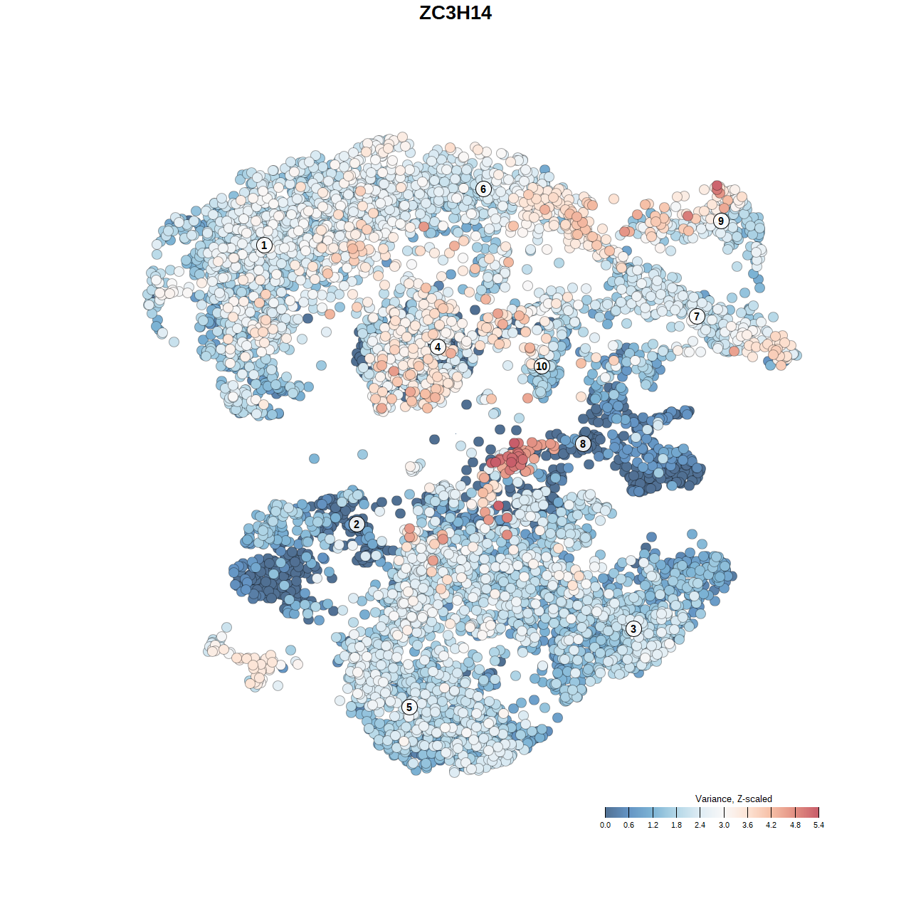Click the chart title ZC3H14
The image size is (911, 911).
point(455,13)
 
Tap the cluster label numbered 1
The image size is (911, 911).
point(264,245)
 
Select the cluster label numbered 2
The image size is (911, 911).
point(357,525)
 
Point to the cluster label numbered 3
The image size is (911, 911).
point(633,628)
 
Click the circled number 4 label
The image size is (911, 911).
point(438,347)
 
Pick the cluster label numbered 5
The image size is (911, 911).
point(409,707)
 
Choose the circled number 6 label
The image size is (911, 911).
point(483,189)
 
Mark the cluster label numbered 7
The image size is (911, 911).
point(697,317)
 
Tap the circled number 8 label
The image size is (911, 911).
point(583,444)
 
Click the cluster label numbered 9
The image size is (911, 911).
point(721,221)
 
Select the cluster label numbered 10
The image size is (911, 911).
point(542,366)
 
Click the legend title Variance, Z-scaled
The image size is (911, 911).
point(733,799)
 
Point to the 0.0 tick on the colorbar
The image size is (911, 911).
point(605,825)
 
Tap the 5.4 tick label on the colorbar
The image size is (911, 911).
point(818,825)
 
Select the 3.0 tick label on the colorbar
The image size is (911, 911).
point(724,825)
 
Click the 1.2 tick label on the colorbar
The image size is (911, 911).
point(653,825)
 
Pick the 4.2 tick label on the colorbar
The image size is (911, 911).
point(771,825)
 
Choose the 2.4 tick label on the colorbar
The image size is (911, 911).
point(700,825)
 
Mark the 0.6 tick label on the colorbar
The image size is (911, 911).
point(628,825)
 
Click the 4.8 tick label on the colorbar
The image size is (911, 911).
point(795,825)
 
